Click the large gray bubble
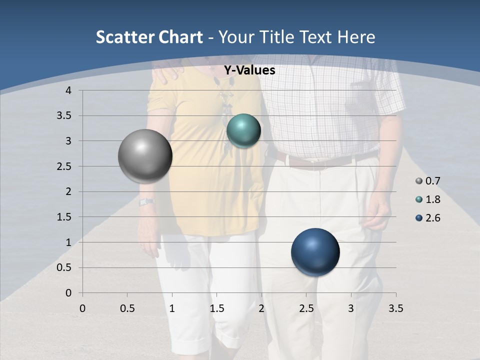(145, 156)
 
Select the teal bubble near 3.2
(243, 131)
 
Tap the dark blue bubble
(315, 252)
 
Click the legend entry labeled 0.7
(427, 181)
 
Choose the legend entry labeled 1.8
(427, 199)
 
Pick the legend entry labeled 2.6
(427, 218)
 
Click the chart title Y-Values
(249, 70)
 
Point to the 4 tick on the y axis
(68, 90)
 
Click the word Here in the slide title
(356, 37)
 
